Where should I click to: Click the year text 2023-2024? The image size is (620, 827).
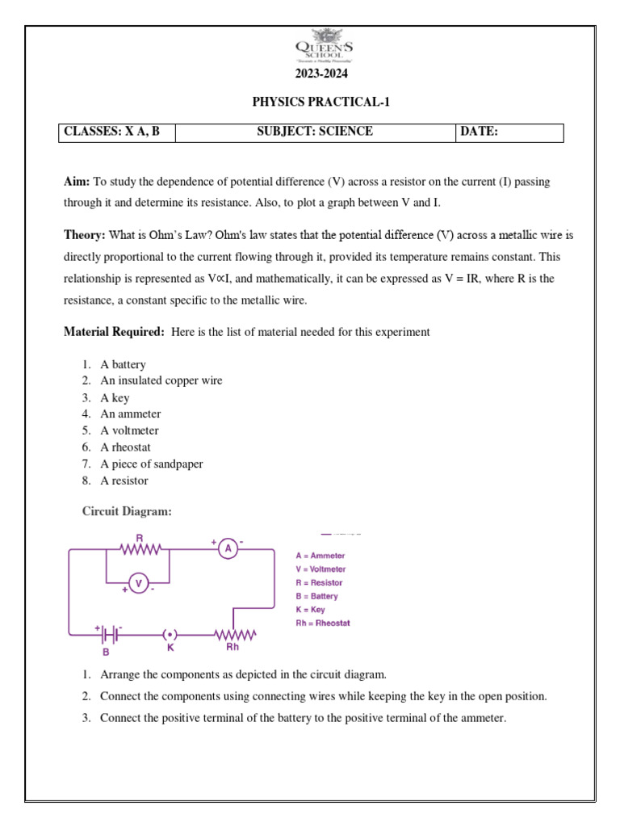point(311,76)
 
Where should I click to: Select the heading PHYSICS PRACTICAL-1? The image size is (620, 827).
point(311,103)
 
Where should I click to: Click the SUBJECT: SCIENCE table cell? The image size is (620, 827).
point(315,132)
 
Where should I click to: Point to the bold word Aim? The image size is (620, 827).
point(77,183)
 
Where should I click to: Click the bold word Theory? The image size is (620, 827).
point(85,236)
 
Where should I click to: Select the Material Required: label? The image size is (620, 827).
point(115,332)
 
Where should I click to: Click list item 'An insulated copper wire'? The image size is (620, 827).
point(161,380)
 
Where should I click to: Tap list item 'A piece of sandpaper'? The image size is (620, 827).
point(151,464)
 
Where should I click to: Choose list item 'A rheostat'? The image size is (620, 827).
point(125,447)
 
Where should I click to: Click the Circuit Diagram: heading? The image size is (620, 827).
point(128,511)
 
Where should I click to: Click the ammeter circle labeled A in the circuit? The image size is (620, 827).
point(228,549)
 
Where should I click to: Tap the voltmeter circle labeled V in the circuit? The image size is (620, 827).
point(138,582)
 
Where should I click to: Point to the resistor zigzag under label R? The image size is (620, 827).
point(141,549)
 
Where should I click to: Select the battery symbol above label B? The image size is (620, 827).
point(111,633)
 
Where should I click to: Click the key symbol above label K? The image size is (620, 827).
point(170,634)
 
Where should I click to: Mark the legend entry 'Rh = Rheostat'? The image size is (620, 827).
point(323,623)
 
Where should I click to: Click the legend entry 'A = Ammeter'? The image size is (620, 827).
point(320,556)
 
